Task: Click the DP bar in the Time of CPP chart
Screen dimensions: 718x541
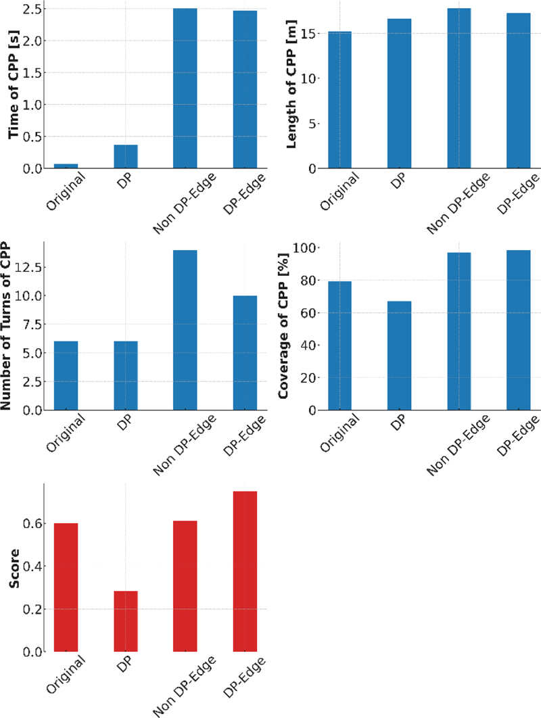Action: click(126, 156)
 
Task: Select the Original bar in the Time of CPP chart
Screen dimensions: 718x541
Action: click(66, 166)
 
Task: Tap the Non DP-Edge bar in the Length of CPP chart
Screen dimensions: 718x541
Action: click(458, 88)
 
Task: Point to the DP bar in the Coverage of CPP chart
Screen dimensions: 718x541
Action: click(399, 356)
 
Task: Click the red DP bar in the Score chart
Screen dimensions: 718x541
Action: click(126, 621)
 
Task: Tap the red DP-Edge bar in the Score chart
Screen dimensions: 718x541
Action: click(245, 571)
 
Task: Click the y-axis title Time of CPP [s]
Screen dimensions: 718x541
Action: click(14, 85)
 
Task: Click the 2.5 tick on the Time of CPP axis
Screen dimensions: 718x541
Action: click(29, 9)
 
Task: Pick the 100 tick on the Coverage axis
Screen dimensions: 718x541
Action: click(305, 248)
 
